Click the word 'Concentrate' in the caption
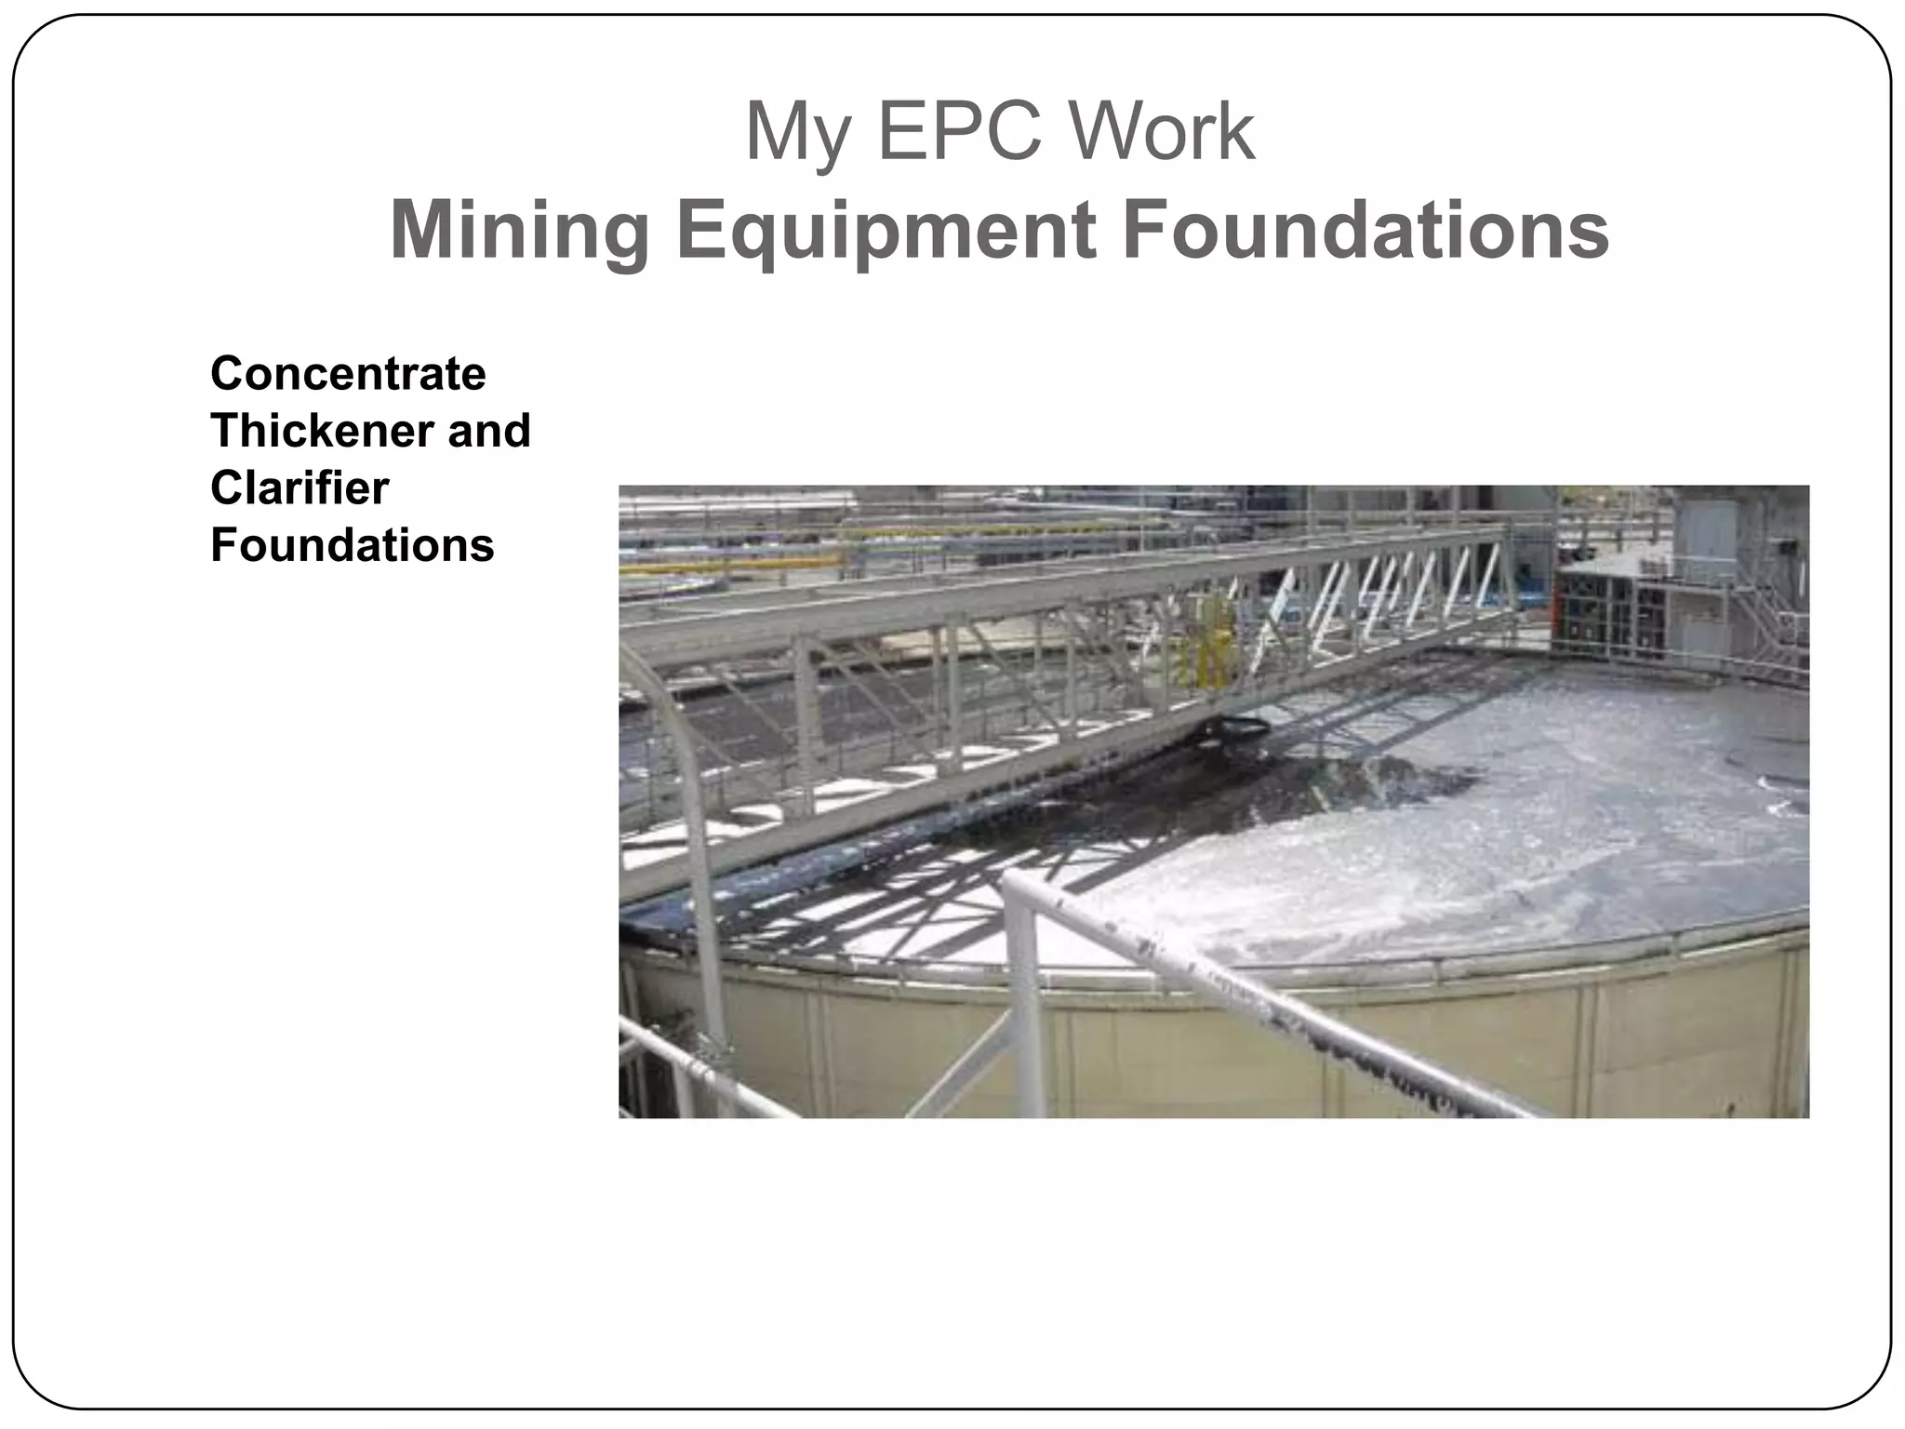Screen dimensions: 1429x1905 point(348,374)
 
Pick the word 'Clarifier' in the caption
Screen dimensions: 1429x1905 point(300,487)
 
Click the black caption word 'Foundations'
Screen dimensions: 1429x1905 point(352,544)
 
